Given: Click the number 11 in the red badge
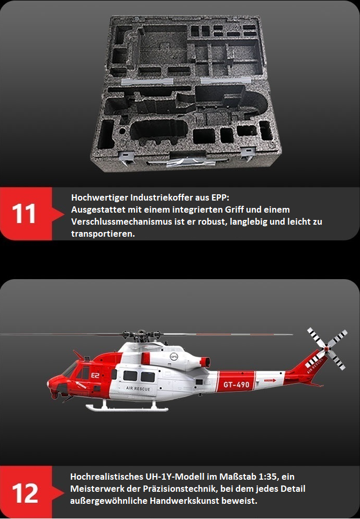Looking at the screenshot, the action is coord(24,214).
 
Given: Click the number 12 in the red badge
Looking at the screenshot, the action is coord(25,493).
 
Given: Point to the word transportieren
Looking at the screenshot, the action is coord(103,234).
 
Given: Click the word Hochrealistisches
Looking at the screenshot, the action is coord(107,477).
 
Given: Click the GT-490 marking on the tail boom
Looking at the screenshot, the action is coord(237,384).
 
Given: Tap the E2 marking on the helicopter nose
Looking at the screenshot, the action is coord(95,375).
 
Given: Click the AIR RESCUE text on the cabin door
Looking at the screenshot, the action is coord(138,389).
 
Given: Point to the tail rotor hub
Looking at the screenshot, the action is coord(327,348).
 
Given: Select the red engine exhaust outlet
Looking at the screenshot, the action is coord(205,362).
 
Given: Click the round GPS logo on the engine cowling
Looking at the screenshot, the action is coord(174,357).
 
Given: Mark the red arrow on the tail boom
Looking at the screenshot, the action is coord(270,381).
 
